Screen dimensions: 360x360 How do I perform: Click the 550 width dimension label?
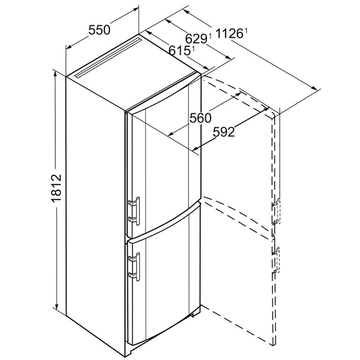click(100, 31)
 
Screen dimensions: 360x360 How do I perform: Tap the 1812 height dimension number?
click(56, 188)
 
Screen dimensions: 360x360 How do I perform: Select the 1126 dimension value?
click(229, 34)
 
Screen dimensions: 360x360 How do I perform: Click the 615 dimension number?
click(179, 50)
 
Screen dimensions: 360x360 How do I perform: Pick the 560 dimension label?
click(200, 118)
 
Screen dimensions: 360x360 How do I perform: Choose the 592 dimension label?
click(224, 132)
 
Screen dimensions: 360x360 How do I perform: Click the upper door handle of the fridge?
click(134, 211)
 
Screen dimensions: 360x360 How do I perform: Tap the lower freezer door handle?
click(134, 266)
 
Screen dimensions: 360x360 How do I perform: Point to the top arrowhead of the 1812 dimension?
click(55, 74)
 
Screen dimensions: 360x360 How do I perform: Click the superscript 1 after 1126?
click(246, 31)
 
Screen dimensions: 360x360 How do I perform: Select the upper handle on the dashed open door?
click(277, 211)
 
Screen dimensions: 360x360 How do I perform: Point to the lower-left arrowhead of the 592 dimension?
click(196, 149)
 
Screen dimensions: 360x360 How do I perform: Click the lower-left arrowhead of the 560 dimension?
click(171, 134)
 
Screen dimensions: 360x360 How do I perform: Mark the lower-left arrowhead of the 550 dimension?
click(70, 47)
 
